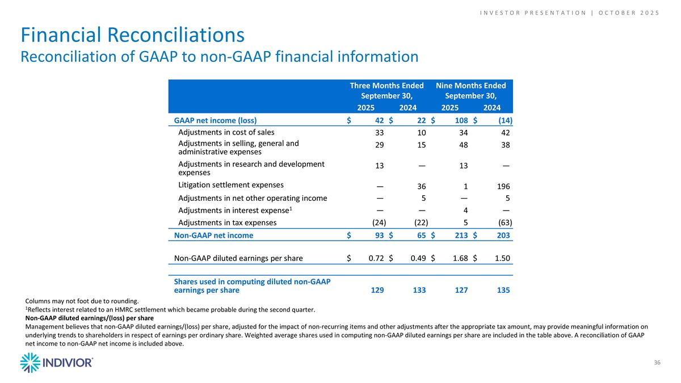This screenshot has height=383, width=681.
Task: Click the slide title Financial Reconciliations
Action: click(133, 35)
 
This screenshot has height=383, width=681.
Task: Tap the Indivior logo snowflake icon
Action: click(30, 363)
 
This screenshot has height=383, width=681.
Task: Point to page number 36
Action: click(657, 363)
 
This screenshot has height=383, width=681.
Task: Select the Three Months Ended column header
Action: click(386, 90)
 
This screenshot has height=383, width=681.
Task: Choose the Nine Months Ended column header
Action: click(470, 90)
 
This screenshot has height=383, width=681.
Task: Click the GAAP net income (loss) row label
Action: click(215, 120)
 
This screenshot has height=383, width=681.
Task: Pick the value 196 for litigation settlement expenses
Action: click(502, 186)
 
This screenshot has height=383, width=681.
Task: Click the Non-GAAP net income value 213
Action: click(461, 235)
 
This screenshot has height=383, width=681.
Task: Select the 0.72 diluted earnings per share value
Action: click(376, 259)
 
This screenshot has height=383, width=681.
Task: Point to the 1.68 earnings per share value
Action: click(460, 259)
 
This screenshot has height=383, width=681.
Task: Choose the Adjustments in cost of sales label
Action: click(226, 133)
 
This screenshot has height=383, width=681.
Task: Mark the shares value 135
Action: click(502, 291)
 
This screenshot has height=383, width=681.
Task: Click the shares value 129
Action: click(376, 291)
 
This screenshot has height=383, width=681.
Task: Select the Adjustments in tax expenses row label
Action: click(228, 222)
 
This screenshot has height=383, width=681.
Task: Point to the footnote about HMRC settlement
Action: click(170, 309)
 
